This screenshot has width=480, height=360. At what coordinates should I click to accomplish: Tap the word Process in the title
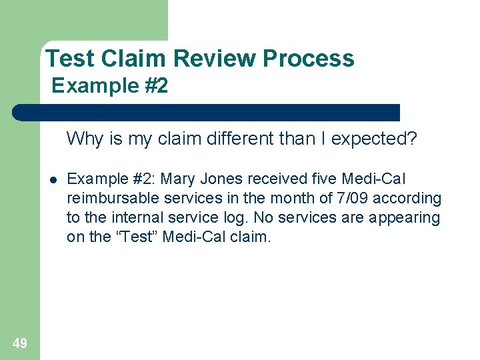pyautogui.click(x=309, y=59)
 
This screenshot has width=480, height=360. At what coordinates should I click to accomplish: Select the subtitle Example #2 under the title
pyautogui.click(x=109, y=86)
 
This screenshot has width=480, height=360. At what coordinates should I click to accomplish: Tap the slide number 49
pyautogui.click(x=20, y=343)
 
